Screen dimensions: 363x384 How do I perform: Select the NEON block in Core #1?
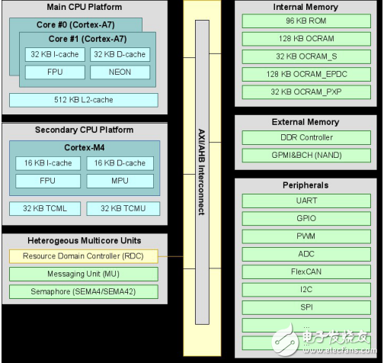(118, 72)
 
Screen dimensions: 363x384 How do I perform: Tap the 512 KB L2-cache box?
(84, 99)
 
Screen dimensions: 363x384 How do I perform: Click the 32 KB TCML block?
(43, 208)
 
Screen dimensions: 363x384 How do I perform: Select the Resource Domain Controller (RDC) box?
(84, 255)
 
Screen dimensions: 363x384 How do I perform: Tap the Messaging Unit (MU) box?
(84, 274)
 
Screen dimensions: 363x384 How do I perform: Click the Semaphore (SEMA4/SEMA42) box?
(84, 292)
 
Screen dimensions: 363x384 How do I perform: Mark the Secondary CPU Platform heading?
(82, 129)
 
